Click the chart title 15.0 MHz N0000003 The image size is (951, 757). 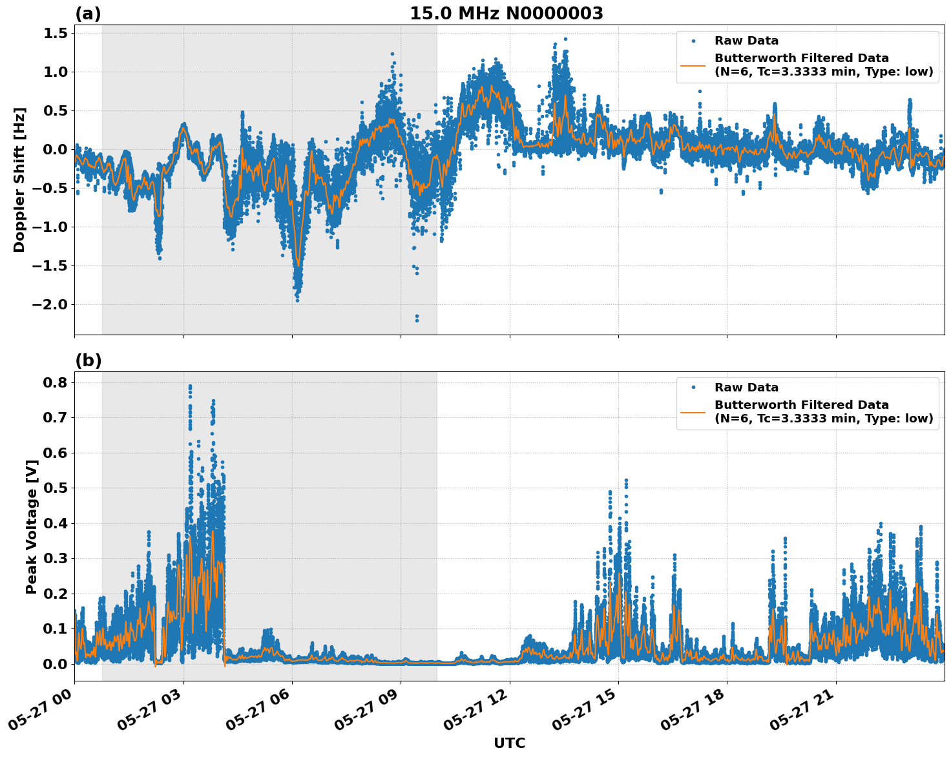(x=506, y=14)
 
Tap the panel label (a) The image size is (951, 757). (x=88, y=14)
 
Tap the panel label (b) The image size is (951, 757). (x=88, y=360)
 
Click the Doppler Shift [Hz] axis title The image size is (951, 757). (x=19, y=180)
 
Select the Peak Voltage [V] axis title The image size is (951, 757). (x=31, y=526)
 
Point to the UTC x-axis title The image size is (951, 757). (x=509, y=743)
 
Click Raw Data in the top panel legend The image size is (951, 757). (x=746, y=41)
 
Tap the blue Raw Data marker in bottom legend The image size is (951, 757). (x=693, y=388)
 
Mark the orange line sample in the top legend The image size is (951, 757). (x=693, y=65)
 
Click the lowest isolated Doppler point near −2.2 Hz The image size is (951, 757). (x=417, y=320)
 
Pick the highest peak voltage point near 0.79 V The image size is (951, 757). (x=190, y=386)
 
